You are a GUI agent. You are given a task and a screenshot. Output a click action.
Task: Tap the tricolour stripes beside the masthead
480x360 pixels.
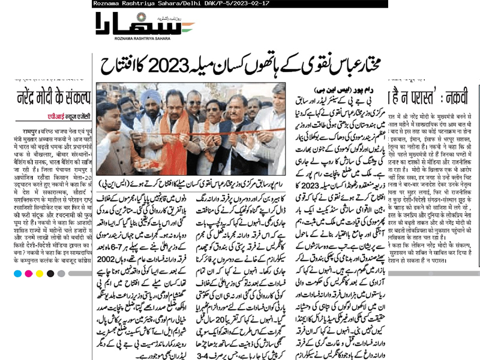pos(185,27)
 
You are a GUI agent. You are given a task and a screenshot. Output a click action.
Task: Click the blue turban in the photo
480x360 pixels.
pos(136,95)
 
